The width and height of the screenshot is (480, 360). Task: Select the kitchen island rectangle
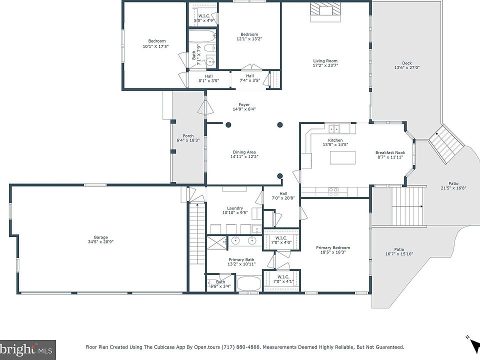(342, 158)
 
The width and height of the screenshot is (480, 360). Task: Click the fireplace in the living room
(325, 12)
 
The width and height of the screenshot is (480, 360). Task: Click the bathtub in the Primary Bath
(249, 284)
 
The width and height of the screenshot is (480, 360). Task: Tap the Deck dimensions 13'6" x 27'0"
(407, 67)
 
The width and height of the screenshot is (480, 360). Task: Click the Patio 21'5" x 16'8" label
(453, 186)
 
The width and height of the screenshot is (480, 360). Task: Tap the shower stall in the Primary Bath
(217, 243)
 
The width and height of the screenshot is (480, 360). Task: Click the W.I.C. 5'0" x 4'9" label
(204, 18)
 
